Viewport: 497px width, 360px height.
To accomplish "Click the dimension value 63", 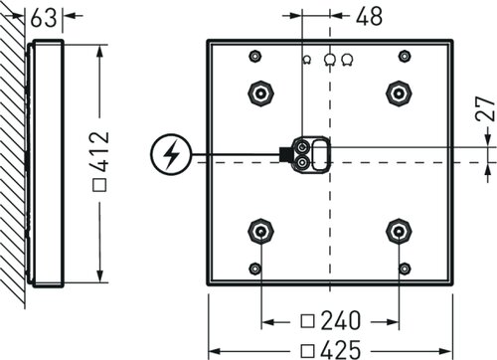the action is pos(44,18).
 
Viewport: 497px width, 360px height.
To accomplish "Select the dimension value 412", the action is pos(100,151).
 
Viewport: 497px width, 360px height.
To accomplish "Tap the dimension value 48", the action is pos(370,16).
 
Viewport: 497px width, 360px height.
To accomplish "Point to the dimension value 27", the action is pos(485,108).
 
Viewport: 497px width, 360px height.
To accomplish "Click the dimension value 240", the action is pos(341,320).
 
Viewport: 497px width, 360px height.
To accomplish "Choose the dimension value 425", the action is pos(341,350).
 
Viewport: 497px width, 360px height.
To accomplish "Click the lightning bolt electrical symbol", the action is pos(171,154).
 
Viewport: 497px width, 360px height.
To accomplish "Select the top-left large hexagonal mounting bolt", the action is pos(261,93).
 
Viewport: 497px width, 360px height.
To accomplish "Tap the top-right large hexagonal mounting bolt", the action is pos(399,93).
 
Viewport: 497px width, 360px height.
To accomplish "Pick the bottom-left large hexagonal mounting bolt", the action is pos(261,232).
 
